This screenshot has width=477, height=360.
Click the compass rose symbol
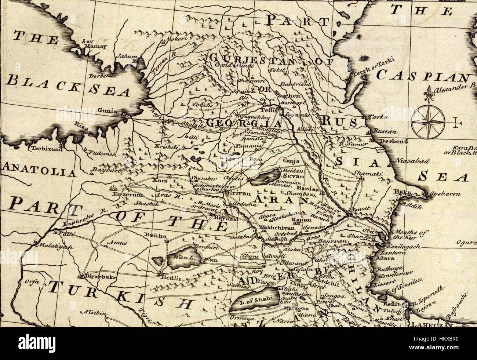click(x=427, y=121)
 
